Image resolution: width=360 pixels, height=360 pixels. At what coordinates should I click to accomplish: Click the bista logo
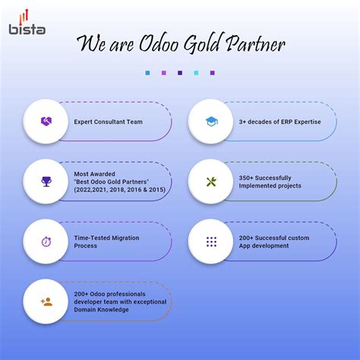(x=27, y=22)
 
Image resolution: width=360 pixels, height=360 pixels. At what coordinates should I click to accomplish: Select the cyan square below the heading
(x=196, y=73)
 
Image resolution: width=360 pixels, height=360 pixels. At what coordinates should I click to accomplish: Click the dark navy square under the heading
(x=179, y=73)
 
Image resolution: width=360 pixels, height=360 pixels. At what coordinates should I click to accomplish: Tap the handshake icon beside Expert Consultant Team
(x=46, y=122)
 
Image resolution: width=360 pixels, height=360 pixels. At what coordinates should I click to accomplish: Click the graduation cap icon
(x=210, y=122)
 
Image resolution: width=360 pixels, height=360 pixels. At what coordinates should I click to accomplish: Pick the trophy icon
(x=46, y=182)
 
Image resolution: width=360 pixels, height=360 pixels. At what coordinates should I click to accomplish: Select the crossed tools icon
(x=210, y=182)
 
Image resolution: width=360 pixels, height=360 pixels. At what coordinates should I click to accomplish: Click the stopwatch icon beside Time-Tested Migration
(x=46, y=242)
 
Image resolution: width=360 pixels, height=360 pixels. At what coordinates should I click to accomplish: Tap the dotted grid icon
(x=210, y=242)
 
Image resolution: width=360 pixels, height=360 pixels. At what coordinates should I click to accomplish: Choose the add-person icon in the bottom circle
(x=46, y=302)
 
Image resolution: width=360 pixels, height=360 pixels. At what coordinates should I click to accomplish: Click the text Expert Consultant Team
(x=108, y=122)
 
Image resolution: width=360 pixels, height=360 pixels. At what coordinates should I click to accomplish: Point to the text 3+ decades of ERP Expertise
(x=279, y=122)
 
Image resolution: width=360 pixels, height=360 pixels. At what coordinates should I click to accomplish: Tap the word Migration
(x=124, y=238)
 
